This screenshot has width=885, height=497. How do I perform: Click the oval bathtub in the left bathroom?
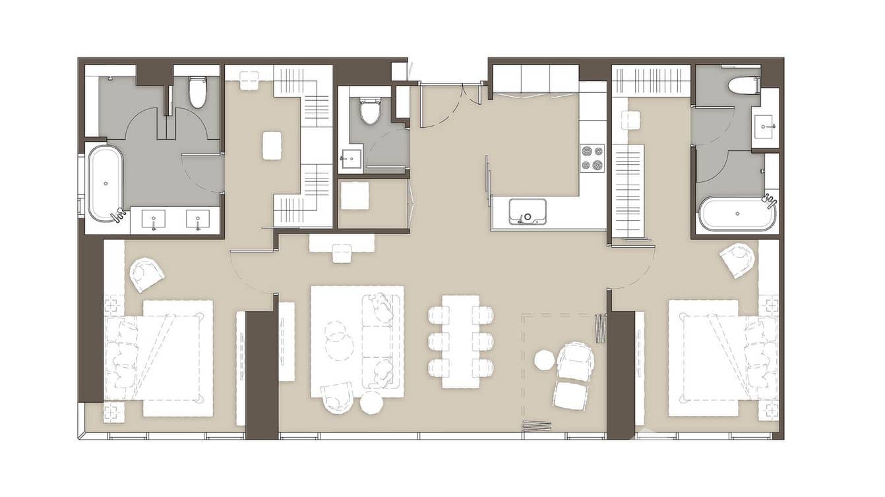tap(106, 183)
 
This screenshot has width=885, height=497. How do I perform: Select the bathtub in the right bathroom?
tap(737, 214)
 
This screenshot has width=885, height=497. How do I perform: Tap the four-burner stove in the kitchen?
tap(592, 158)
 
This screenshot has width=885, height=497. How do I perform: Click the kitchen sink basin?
tap(527, 212)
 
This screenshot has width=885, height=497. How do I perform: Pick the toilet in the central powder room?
tap(370, 111)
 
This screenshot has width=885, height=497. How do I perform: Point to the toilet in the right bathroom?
tap(744, 86)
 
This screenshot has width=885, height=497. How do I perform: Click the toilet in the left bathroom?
tap(198, 92)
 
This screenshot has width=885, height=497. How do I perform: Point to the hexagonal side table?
tap(544, 360)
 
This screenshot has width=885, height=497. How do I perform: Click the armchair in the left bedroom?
tap(146, 274)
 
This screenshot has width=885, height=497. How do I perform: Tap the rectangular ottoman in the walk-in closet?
tap(272, 145)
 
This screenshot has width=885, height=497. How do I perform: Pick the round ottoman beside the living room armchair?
tap(371, 402)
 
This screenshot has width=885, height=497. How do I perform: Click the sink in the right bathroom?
tap(765, 124)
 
